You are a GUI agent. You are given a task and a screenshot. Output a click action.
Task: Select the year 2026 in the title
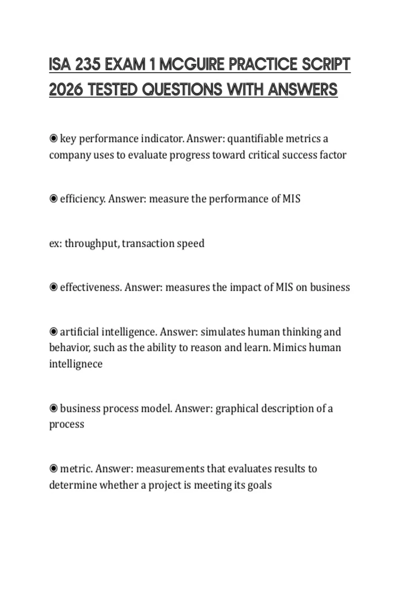click(66, 90)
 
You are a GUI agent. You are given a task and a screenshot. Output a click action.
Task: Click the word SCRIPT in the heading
click(326, 64)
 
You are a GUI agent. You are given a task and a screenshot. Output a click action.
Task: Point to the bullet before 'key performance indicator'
click(53, 139)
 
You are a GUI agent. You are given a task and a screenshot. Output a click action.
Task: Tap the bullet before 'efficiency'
click(53, 199)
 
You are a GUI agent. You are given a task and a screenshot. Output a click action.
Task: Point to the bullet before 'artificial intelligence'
click(53, 332)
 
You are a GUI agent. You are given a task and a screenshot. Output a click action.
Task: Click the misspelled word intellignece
click(76, 364)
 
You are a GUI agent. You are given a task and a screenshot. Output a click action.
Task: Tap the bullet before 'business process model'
click(53, 408)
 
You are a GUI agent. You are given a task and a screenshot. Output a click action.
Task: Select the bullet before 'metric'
click(53, 469)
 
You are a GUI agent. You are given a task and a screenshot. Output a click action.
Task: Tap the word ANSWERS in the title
click(303, 90)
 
